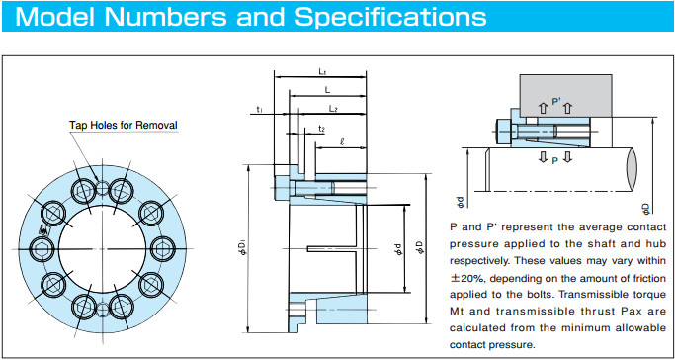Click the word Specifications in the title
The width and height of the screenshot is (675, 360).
[391, 17]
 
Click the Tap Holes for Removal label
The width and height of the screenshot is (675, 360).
[124, 126]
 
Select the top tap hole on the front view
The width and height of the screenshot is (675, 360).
[103, 188]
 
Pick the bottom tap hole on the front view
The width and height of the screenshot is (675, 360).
[103, 310]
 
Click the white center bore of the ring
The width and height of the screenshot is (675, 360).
[103, 249]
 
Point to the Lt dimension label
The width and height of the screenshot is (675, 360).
[322, 72]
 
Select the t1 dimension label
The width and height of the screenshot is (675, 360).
[260, 109]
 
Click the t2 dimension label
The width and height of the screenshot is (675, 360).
[321, 129]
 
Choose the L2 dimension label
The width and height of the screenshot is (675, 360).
[333, 109]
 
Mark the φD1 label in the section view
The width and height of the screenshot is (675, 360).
[242, 249]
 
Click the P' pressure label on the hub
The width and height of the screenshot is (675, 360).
[555, 102]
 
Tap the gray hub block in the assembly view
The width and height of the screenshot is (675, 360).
[565, 96]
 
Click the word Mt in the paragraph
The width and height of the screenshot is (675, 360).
[457, 312]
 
